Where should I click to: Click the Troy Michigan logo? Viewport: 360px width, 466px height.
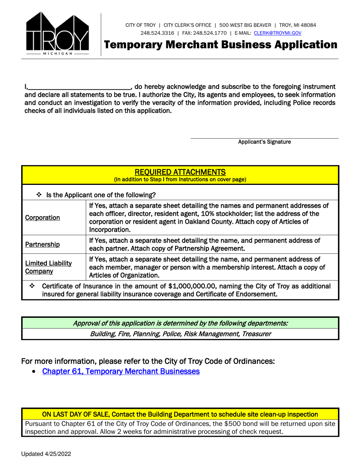point(57,33)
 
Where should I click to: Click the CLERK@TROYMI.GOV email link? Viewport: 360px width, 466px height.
point(277,33)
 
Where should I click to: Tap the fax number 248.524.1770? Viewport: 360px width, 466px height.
point(210,33)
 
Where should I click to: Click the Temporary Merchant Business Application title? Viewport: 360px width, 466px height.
point(221,45)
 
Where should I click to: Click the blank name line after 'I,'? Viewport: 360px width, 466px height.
point(79,87)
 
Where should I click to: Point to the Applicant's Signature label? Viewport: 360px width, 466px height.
point(264,142)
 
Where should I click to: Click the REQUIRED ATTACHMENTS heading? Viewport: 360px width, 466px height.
point(180,172)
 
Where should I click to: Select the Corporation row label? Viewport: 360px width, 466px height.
point(42,218)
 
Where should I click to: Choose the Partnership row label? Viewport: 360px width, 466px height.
point(42,244)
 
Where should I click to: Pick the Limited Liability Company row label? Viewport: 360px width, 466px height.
point(48,267)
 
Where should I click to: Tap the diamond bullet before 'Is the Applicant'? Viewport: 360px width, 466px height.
point(39,195)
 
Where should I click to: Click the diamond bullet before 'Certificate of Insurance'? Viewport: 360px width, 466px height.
point(32,286)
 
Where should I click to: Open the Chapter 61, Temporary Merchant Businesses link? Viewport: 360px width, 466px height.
point(121,371)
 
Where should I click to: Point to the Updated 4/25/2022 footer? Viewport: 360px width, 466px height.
point(46,454)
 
